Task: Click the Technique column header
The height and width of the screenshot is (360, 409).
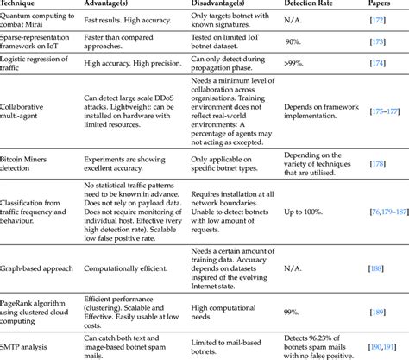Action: point(24,6)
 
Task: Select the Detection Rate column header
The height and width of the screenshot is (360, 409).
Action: point(312,6)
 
